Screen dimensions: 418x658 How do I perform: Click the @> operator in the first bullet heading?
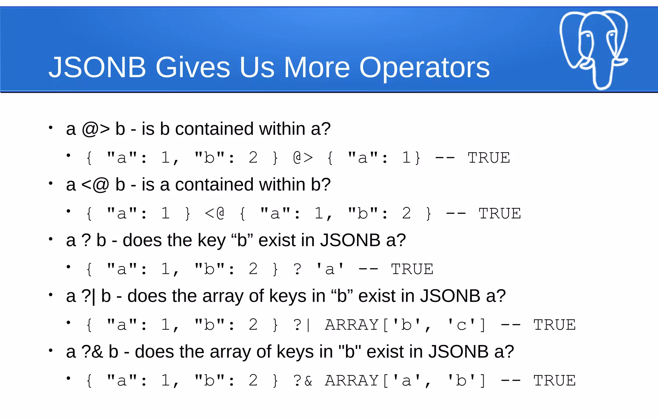96,129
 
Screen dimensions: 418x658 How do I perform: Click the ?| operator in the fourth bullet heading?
88,296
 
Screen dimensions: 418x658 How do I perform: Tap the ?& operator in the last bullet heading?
92,352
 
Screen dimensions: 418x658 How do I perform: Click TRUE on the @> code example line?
489,158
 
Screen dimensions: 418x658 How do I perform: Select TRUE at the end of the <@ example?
500,213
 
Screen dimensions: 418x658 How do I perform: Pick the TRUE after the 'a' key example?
412,269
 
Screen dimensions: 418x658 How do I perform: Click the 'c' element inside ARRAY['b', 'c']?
461,325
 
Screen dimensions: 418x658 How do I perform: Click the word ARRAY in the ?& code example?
352,381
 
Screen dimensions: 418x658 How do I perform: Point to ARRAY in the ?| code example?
352,325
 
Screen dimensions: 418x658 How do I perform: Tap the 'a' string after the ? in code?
330,269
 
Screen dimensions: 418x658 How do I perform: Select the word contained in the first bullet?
214,129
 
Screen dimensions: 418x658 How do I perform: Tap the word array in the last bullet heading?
230,352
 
